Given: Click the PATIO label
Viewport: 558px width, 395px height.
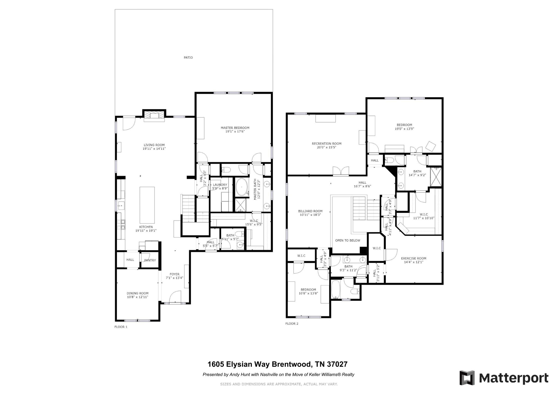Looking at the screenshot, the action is [x=188, y=58].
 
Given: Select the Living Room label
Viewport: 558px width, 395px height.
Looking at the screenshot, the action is [x=154, y=145].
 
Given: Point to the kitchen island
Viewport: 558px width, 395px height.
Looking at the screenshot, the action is [x=147, y=205].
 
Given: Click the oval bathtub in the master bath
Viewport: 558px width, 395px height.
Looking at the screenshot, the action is [x=241, y=187].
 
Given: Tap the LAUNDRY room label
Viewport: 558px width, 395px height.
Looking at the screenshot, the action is [x=220, y=185].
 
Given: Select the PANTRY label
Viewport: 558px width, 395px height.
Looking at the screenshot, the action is [x=150, y=260].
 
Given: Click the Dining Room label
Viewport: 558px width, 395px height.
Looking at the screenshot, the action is [x=138, y=293].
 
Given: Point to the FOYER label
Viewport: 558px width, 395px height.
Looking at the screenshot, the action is [x=175, y=274].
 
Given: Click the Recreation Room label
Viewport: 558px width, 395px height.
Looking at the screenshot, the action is [x=327, y=143].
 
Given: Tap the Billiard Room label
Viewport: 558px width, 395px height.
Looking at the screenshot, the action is [x=310, y=211].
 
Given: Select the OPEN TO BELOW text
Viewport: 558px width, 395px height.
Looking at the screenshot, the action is [x=348, y=240].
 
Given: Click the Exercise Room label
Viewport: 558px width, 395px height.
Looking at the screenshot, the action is [x=414, y=258].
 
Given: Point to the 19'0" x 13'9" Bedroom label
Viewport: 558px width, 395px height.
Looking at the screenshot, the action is [x=405, y=127].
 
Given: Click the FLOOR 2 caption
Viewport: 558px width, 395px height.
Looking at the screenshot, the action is [x=292, y=324].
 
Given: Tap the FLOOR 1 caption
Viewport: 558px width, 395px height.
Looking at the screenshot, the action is [x=121, y=327].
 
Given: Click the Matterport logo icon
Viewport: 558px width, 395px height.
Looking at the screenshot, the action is [x=467, y=378].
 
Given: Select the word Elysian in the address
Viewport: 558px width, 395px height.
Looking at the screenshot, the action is [x=240, y=364].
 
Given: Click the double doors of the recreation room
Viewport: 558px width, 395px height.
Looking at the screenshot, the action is [x=341, y=170].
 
